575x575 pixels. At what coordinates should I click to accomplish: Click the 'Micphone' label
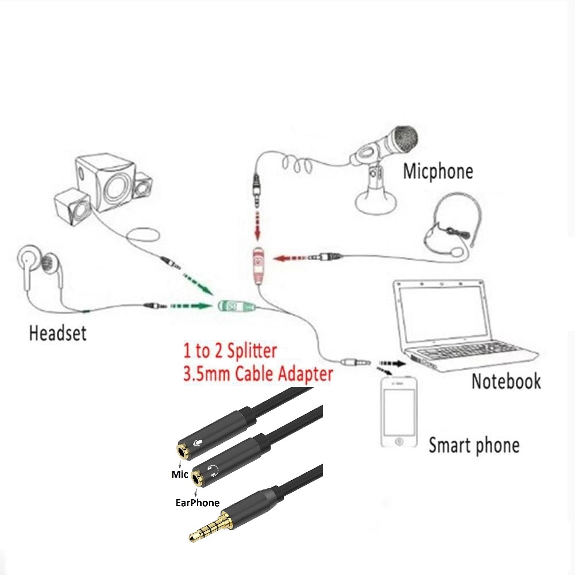click(438, 171)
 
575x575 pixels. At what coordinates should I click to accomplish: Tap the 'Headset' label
click(57, 333)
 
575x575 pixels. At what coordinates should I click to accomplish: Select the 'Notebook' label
click(506, 381)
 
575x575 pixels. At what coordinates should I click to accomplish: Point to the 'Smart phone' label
click(474, 445)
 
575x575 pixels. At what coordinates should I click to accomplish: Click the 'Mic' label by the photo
click(180, 474)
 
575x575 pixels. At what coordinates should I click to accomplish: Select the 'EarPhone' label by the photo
click(197, 503)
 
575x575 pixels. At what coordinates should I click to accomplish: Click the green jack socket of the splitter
click(236, 306)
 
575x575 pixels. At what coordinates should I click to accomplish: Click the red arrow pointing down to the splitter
click(258, 227)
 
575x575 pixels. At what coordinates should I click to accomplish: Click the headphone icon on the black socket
click(214, 472)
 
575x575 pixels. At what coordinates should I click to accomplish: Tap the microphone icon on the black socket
click(198, 443)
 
